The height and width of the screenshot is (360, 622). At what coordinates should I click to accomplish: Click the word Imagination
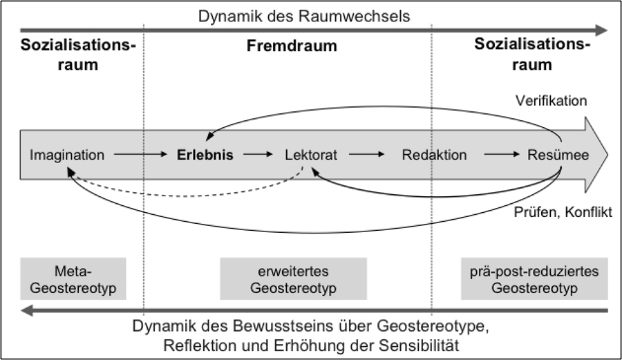click(67, 155)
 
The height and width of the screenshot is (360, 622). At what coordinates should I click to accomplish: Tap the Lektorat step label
click(311, 155)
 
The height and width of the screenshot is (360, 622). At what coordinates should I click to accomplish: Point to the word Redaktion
click(434, 155)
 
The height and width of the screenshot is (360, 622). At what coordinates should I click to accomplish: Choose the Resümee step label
click(558, 155)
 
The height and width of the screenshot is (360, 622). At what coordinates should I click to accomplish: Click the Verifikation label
click(552, 101)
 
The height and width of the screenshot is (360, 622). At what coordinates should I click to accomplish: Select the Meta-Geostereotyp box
click(73, 278)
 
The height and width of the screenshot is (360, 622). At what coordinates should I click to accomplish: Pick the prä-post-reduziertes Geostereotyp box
click(535, 278)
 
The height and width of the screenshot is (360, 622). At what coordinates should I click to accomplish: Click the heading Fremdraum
click(292, 47)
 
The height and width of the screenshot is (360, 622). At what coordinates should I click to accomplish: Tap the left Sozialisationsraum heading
click(78, 55)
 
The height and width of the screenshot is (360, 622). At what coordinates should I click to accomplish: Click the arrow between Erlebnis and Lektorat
click(258, 155)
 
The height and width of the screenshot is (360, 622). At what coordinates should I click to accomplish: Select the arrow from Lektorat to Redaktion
click(369, 155)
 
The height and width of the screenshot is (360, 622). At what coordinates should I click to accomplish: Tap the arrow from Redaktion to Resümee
click(500, 155)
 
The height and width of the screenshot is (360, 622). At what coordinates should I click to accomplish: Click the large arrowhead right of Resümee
click(596, 155)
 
